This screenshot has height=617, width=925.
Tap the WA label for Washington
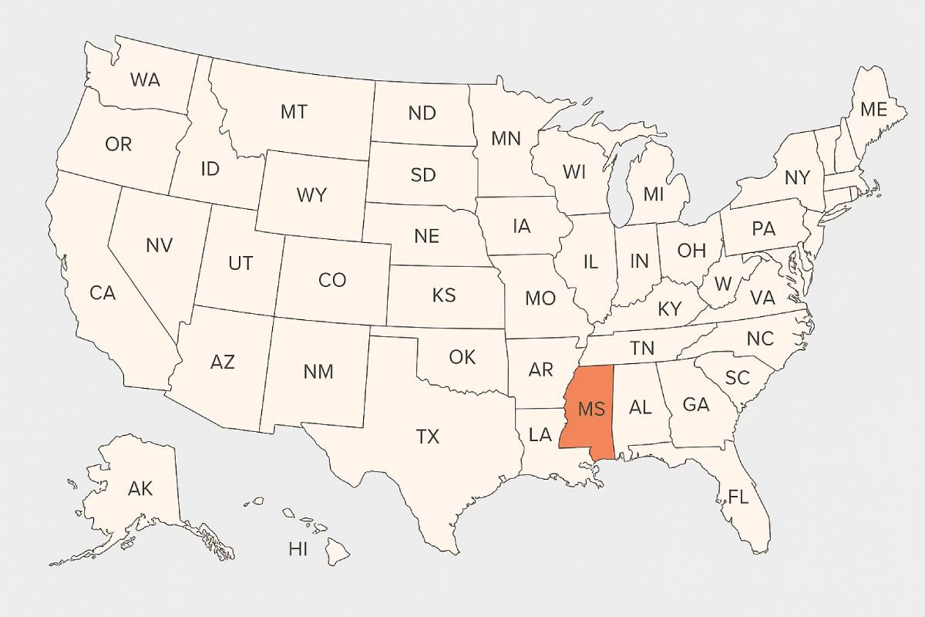[145, 79]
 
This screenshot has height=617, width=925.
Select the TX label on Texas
[428, 437]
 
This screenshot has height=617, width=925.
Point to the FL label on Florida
[738, 497]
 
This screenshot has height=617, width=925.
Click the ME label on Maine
[873, 110]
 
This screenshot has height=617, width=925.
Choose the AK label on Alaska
[140, 488]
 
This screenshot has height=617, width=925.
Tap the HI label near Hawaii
[298, 549]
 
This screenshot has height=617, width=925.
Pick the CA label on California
[103, 293]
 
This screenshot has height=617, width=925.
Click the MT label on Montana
[293, 112]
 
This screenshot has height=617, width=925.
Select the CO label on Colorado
[332, 280]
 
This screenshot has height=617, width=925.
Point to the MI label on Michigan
[653, 194]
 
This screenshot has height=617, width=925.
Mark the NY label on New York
[797, 178]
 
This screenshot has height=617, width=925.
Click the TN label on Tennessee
[642, 347]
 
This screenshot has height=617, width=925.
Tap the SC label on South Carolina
[738, 378]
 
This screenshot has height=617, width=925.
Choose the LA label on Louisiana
[540, 435]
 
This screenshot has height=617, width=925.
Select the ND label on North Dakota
[422, 113]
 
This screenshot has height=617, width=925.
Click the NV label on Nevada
[159, 245]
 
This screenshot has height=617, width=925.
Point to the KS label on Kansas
[444, 295]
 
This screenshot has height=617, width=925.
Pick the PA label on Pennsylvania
[763, 229]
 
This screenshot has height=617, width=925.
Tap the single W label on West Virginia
[722, 284]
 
